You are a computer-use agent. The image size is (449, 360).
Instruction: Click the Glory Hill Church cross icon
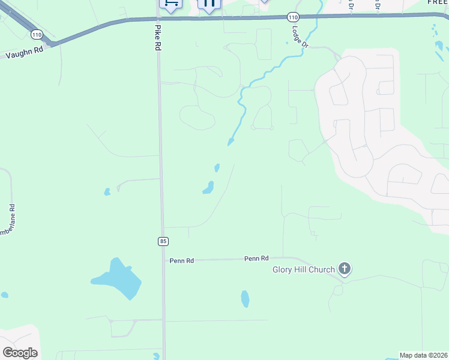(x=345, y=269)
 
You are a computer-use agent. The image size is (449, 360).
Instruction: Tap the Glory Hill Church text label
(x=303, y=269)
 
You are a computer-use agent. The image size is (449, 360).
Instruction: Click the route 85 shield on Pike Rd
(x=163, y=241)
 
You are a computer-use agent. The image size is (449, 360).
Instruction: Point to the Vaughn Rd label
(x=25, y=53)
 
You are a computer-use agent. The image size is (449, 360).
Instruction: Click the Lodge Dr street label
(x=300, y=35)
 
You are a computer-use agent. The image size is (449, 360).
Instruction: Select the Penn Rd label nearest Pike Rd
(x=181, y=260)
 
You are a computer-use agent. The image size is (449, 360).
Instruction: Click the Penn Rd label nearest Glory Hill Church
(x=256, y=258)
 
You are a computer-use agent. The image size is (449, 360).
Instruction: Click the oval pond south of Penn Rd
(x=245, y=298)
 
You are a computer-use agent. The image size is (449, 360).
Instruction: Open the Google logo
(x=20, y=352)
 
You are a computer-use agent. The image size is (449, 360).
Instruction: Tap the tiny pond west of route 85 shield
(x=107, y=192)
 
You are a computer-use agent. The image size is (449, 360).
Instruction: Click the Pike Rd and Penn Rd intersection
(x=163, y=260)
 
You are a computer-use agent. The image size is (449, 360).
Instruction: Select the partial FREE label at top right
(x=438, y=2)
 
